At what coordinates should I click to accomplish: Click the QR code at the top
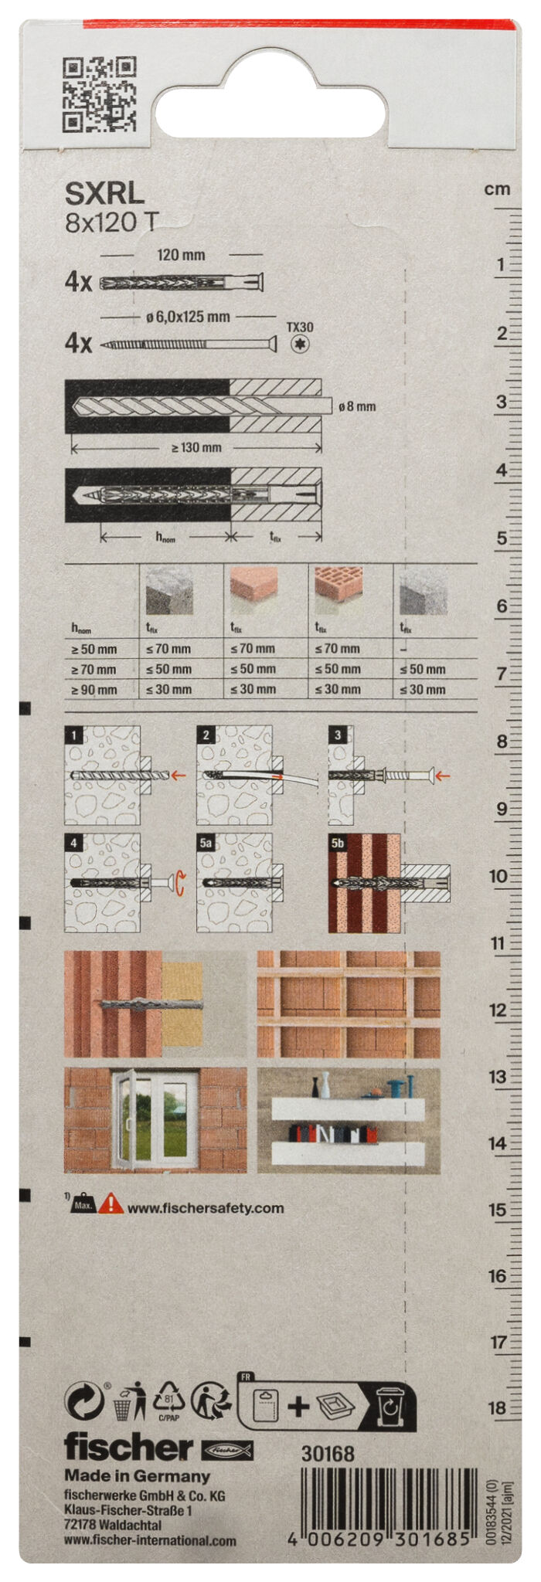point(98,94)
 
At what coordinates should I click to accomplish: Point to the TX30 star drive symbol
point(300,345)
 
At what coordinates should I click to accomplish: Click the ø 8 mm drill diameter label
point(357,406)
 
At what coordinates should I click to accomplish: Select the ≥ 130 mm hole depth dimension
point(196,447)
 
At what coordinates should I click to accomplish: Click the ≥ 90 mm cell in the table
point(94,690)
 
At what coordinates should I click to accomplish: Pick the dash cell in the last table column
point(404,649)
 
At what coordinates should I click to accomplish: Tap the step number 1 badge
point(73,735)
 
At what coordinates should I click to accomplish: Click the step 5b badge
point(338,843)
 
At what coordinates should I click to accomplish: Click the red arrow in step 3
point(441,775)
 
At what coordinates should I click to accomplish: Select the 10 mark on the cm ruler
point(498,877)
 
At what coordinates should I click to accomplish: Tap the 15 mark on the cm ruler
point(498,1210)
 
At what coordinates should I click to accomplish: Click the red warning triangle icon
point(111,1203)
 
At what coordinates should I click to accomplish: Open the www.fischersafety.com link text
point(206,1208)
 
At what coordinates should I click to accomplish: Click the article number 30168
point(328,1454)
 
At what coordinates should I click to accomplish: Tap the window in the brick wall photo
point(155,1118)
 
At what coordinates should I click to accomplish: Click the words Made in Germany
point(137,1476)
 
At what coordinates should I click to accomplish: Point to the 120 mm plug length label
point(182,255)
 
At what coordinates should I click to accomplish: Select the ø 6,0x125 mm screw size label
point(188,317)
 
